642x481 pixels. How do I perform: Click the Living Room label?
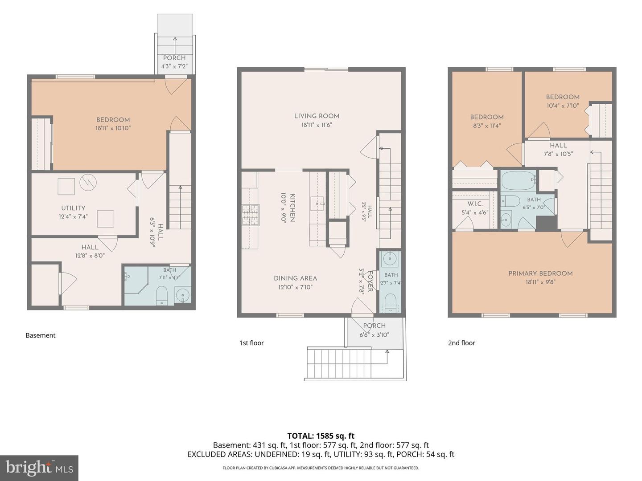317,116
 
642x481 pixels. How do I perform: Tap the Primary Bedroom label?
540,273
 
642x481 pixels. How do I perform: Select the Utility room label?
73,208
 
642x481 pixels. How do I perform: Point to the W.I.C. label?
475,204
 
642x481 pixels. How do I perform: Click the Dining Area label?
296,278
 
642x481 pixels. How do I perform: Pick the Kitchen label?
292,208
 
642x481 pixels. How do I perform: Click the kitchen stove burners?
251,215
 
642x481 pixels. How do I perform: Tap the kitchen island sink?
317,203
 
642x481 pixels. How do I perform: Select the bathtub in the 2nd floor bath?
518,180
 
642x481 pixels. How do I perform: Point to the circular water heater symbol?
88,183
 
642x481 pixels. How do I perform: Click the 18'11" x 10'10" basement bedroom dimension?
113,128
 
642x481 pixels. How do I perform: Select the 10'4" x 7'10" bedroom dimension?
563,106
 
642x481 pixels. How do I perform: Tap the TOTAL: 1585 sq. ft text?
321,436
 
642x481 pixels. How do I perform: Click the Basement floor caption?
41,335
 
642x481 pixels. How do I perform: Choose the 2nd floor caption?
461,343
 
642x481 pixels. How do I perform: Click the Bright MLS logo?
39,468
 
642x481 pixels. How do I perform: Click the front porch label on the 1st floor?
374,325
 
